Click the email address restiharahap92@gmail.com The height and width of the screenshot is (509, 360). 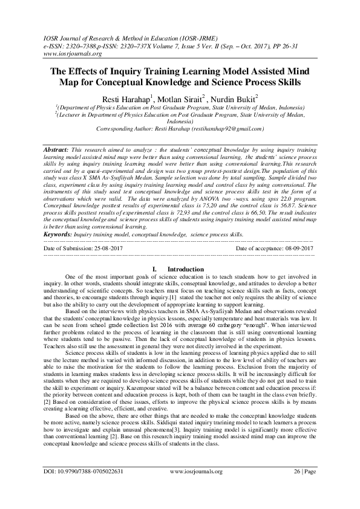pos(226,129)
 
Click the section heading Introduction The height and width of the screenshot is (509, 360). pos(186,269)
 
